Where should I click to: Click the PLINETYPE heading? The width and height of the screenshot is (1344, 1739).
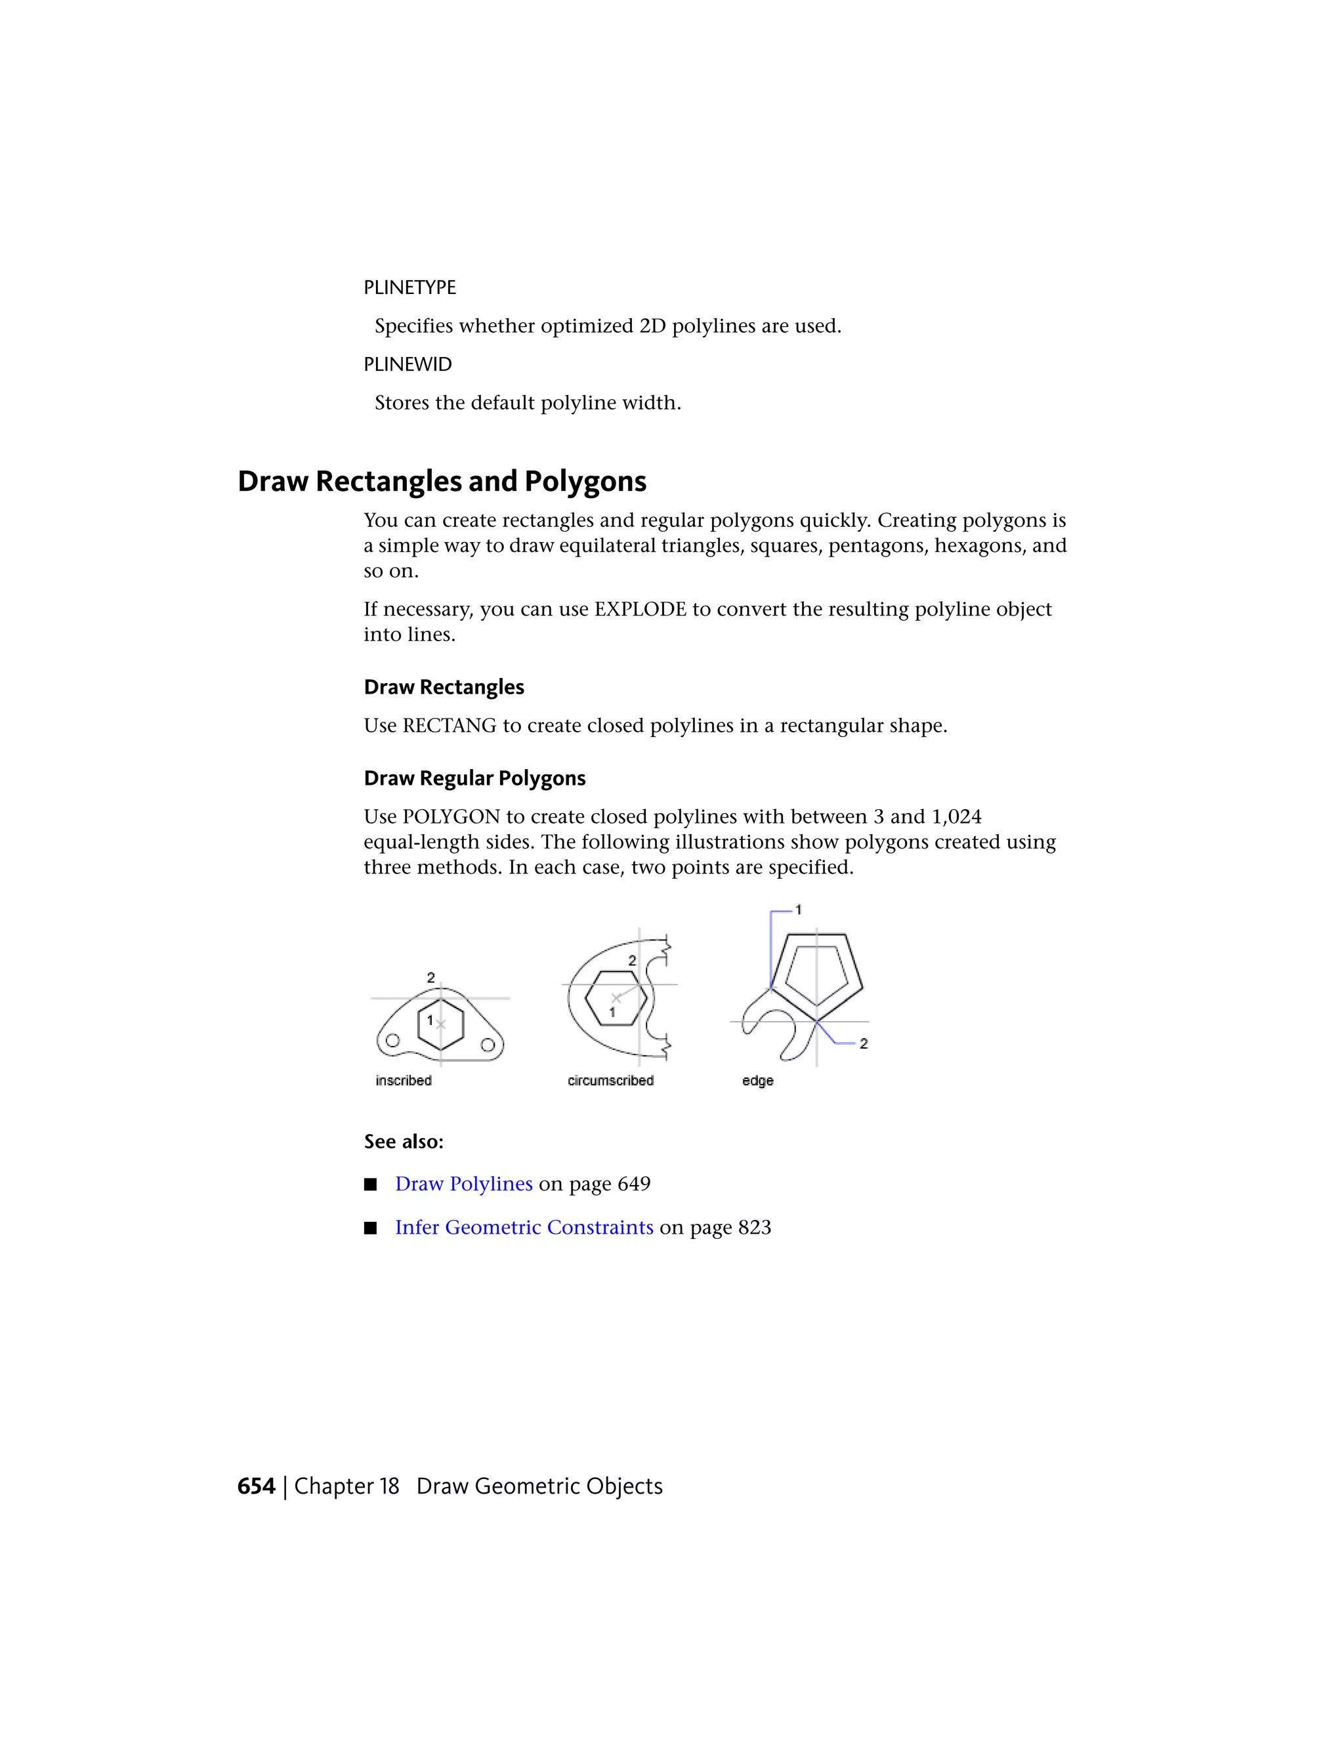click(409, 287)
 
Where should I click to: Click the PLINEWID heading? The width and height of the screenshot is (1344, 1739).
click(407, 364)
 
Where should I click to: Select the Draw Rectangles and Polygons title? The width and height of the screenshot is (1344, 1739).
click(442, 481)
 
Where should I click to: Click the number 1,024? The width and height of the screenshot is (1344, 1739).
click(955, 816)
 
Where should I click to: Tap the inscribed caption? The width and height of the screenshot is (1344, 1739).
click(404, 1081)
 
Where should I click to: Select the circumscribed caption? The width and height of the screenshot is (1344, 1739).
click(610, 1081)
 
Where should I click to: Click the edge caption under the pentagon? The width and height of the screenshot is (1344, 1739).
click(757, 1081)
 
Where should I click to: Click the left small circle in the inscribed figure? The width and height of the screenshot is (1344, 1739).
click(392, 1041)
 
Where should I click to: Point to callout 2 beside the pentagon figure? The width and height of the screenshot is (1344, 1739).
click(863, 1043)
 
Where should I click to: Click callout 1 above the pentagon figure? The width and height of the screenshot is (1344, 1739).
click(798, 910)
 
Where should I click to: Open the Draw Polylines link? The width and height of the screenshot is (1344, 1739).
click(463, 1184)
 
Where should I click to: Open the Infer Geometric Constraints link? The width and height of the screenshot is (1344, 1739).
click(524, 1227)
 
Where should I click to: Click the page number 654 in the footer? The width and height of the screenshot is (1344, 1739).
click(255, 1486)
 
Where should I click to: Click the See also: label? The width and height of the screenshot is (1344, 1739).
click(404, 1142)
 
